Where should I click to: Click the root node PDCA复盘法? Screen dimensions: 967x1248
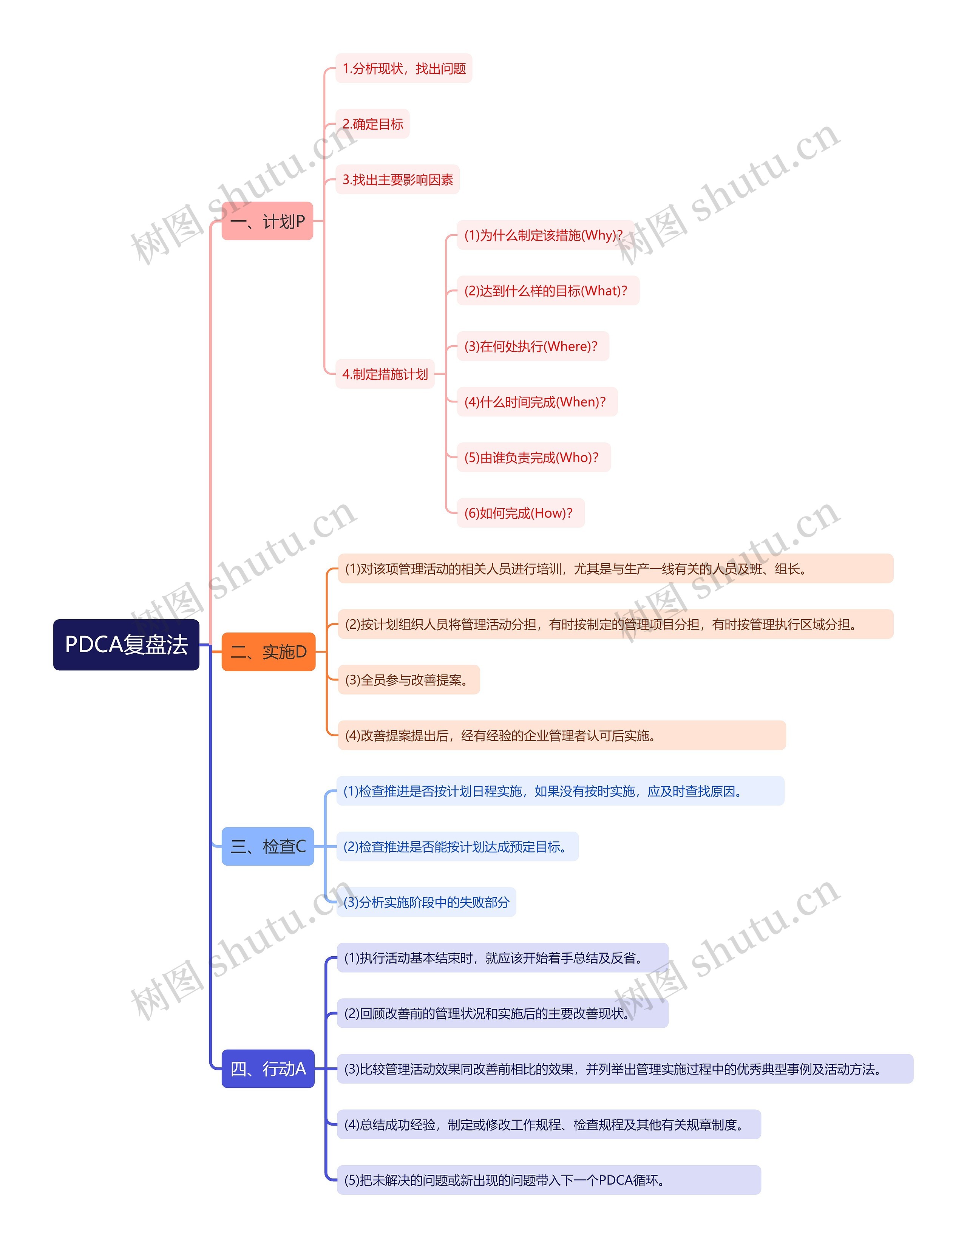point(126,645)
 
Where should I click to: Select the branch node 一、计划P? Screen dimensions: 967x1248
point(267,221)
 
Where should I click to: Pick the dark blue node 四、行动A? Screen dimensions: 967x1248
point(267,1069)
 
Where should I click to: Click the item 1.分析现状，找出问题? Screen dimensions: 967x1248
point(404,68)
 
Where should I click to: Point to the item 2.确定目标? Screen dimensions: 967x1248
point(372,124)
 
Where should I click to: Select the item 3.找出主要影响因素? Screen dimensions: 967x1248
point(397,179)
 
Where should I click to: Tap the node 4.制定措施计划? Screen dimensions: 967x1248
point(385,374)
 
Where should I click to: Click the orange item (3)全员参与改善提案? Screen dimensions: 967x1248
point(408,680)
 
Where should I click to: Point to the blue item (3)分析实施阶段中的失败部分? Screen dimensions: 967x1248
point(426,902)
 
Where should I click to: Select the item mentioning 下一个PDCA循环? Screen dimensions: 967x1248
point(548,1180)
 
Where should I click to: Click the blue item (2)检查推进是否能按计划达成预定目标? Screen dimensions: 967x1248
point(457,847)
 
